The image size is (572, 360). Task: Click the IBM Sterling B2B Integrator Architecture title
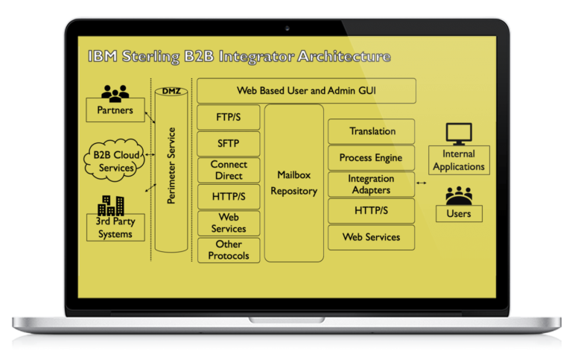(238, 57)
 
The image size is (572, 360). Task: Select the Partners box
(115, 111)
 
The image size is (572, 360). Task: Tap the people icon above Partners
(115, 93)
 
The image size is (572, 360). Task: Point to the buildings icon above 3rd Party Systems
(111, 205)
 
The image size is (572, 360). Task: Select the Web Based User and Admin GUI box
(306, 90)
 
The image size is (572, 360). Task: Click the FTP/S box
(229, 117)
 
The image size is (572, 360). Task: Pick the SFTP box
(229, 144)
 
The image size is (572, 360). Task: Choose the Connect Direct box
(229, 171)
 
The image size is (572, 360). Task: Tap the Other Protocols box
(229, 250)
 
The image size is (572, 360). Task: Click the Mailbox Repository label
(293, 183)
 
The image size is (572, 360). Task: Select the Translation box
(372, 131)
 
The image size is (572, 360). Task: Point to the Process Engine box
(371, 158)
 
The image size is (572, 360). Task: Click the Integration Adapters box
(371, 184)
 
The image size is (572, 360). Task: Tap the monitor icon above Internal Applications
(459, 134)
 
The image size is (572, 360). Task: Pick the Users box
(459, 214)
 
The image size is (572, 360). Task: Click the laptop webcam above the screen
(286, 29)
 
